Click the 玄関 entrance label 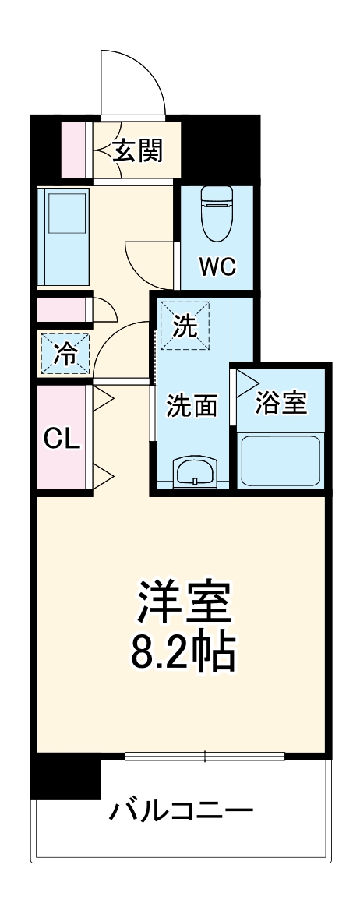point(138,150)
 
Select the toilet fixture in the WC point(216,214)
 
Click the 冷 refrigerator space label point(65,355)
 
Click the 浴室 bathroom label point(281,403)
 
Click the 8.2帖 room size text point(181,656)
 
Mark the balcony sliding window point(204,756)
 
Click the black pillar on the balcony point(65,775)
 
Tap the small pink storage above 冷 point(62,310)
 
